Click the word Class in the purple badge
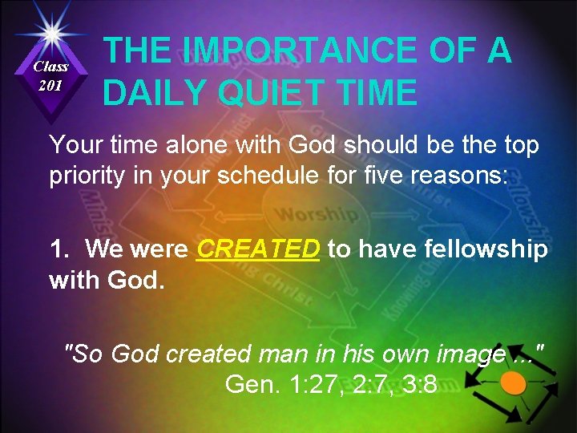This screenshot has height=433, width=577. pyautogui.click(x=51, y=67)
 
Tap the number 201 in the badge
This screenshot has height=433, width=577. pyautogui.click(x=51, y=85)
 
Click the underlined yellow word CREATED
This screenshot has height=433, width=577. pyautogui.click(x=259, y=250)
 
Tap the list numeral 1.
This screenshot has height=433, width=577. pyautogui.click(x=58, y=250)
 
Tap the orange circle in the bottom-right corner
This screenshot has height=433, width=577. pyautogui.click(x=514, y=383)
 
